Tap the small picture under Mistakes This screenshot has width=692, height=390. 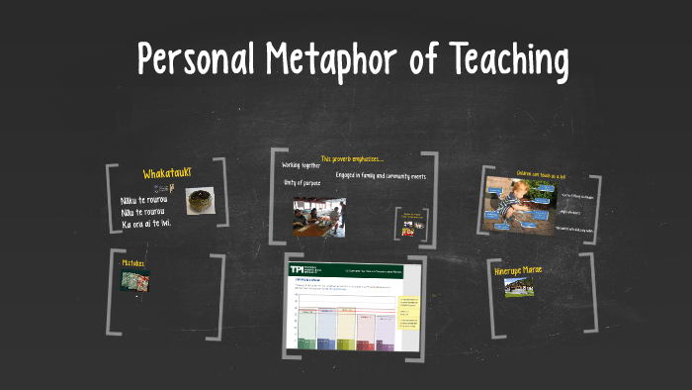[x=135, y=280]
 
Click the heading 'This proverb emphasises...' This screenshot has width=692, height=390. [x=352, y=158]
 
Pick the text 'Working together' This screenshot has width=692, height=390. [x=301, y=165]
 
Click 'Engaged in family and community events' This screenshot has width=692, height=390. [x=381, y=176]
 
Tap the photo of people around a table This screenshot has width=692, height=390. [x=318, y=218]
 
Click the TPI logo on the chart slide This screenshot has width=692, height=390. [x=299, y=269]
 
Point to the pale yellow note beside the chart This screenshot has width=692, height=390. [x=406, y=314]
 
